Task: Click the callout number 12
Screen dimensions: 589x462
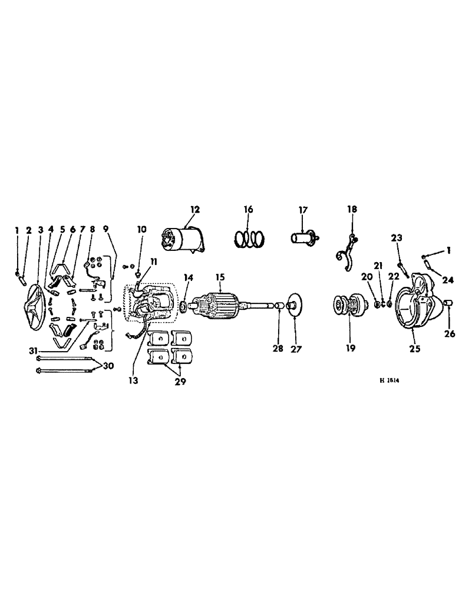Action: (195, 209)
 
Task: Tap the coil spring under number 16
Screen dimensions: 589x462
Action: (247, 239)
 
